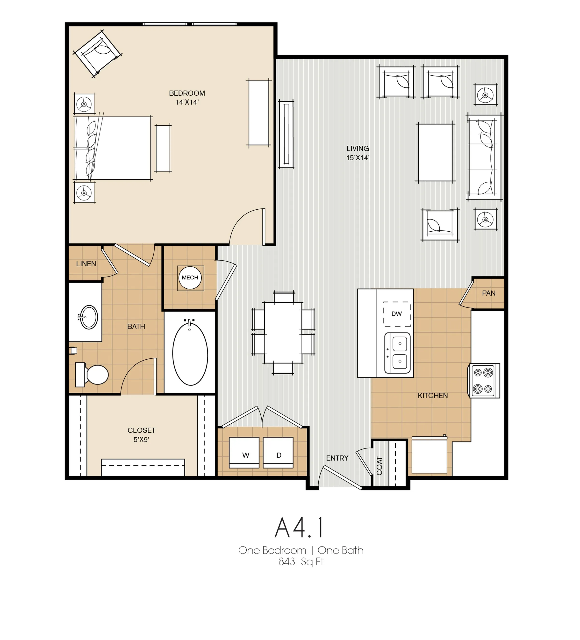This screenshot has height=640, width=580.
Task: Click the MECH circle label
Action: [190, 278]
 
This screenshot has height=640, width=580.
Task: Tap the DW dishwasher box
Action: [397, 314]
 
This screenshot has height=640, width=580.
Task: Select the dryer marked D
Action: [278, 453]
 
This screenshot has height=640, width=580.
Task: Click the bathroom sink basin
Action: [89, 317]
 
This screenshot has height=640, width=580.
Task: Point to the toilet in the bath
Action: [92, 375]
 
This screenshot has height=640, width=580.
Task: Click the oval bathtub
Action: [190, 354]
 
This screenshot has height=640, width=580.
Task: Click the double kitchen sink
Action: [397, 353]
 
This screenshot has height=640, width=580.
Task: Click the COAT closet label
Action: [379, 466]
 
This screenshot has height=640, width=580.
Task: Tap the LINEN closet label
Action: [86, 264]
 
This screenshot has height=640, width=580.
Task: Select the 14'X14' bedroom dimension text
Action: [187, 102]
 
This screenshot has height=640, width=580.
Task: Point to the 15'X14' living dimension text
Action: [358, 158]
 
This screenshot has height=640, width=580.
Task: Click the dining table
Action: [283, 332]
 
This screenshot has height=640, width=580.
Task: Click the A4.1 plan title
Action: [299, 528]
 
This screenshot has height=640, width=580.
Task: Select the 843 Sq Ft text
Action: [301, 562]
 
